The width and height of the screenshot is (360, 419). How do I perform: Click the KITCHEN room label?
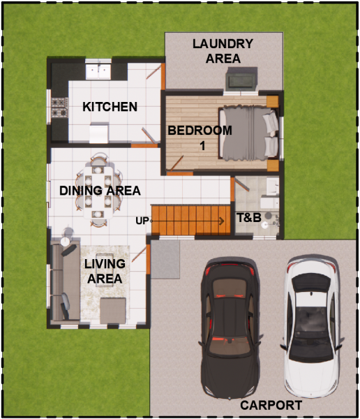[110, 107]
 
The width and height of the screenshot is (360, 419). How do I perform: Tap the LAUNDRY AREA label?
[223, 51]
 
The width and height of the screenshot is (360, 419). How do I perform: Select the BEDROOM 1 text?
[200, 138]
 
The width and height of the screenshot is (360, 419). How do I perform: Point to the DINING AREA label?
[100, 191]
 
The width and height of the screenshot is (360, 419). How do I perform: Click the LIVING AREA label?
[105, 271]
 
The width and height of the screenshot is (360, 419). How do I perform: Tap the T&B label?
[249, 217]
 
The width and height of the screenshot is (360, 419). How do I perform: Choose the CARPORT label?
[271, 405]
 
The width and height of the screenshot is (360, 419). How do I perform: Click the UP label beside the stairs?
[142, 221]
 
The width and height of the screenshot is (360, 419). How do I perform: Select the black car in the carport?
[230, 328]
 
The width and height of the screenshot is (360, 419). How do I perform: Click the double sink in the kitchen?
[98, 71]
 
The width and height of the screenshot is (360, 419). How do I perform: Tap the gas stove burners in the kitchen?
[59, 108]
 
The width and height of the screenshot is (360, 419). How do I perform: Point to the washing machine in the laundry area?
[241, 80]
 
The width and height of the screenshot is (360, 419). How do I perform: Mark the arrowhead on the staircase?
[222, 221]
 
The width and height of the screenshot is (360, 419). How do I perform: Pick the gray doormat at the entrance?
[165, 260]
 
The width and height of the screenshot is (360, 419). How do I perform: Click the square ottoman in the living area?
[113, 311]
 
